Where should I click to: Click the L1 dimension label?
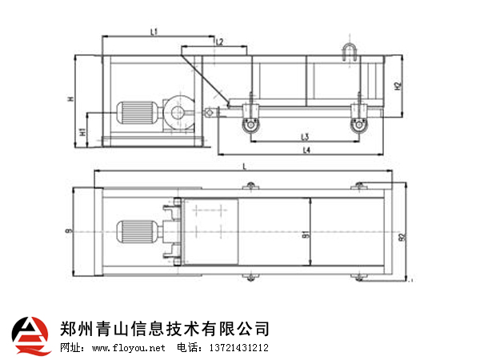(154, 30)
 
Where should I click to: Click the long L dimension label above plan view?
(242, 166)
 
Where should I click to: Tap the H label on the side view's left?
(70, 99)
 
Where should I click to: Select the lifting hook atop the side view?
(350, 51)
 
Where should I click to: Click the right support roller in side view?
(358, 123)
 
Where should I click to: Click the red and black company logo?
(31, 335)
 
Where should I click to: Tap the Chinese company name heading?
(165, 328)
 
